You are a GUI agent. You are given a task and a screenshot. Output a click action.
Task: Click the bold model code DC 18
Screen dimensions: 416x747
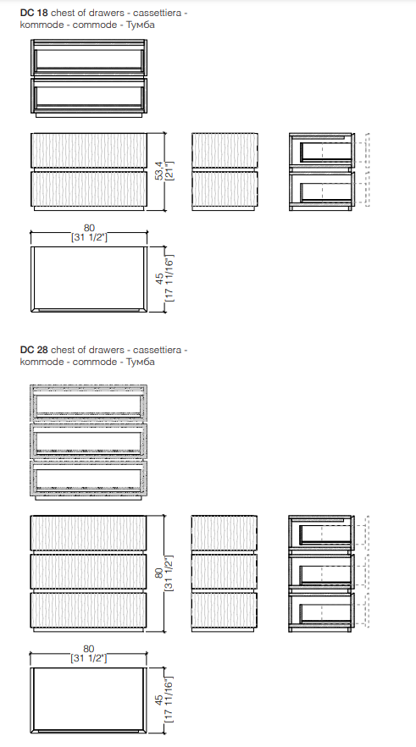click(x=34, y=13)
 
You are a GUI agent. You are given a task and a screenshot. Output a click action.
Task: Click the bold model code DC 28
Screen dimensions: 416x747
click(x=34, y=350)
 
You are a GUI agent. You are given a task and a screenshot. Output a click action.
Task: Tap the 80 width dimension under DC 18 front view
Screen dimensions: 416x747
click(x=89, y=228)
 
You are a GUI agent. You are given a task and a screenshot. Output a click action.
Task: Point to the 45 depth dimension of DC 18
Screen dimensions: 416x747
click(x=160, y=279)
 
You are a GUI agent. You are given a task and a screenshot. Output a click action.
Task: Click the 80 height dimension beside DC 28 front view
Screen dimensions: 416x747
click(x=159, y=573)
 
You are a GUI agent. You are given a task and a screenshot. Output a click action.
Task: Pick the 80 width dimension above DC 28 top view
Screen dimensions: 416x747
click(x=89, y=649)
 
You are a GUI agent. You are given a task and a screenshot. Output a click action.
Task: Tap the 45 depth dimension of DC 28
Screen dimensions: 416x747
click(x=159, y=700)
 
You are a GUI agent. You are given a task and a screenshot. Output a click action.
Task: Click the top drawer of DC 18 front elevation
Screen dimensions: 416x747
click(x=89, y=150)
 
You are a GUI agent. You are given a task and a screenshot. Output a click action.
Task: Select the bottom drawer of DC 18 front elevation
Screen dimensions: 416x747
click(x=89, y=189)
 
